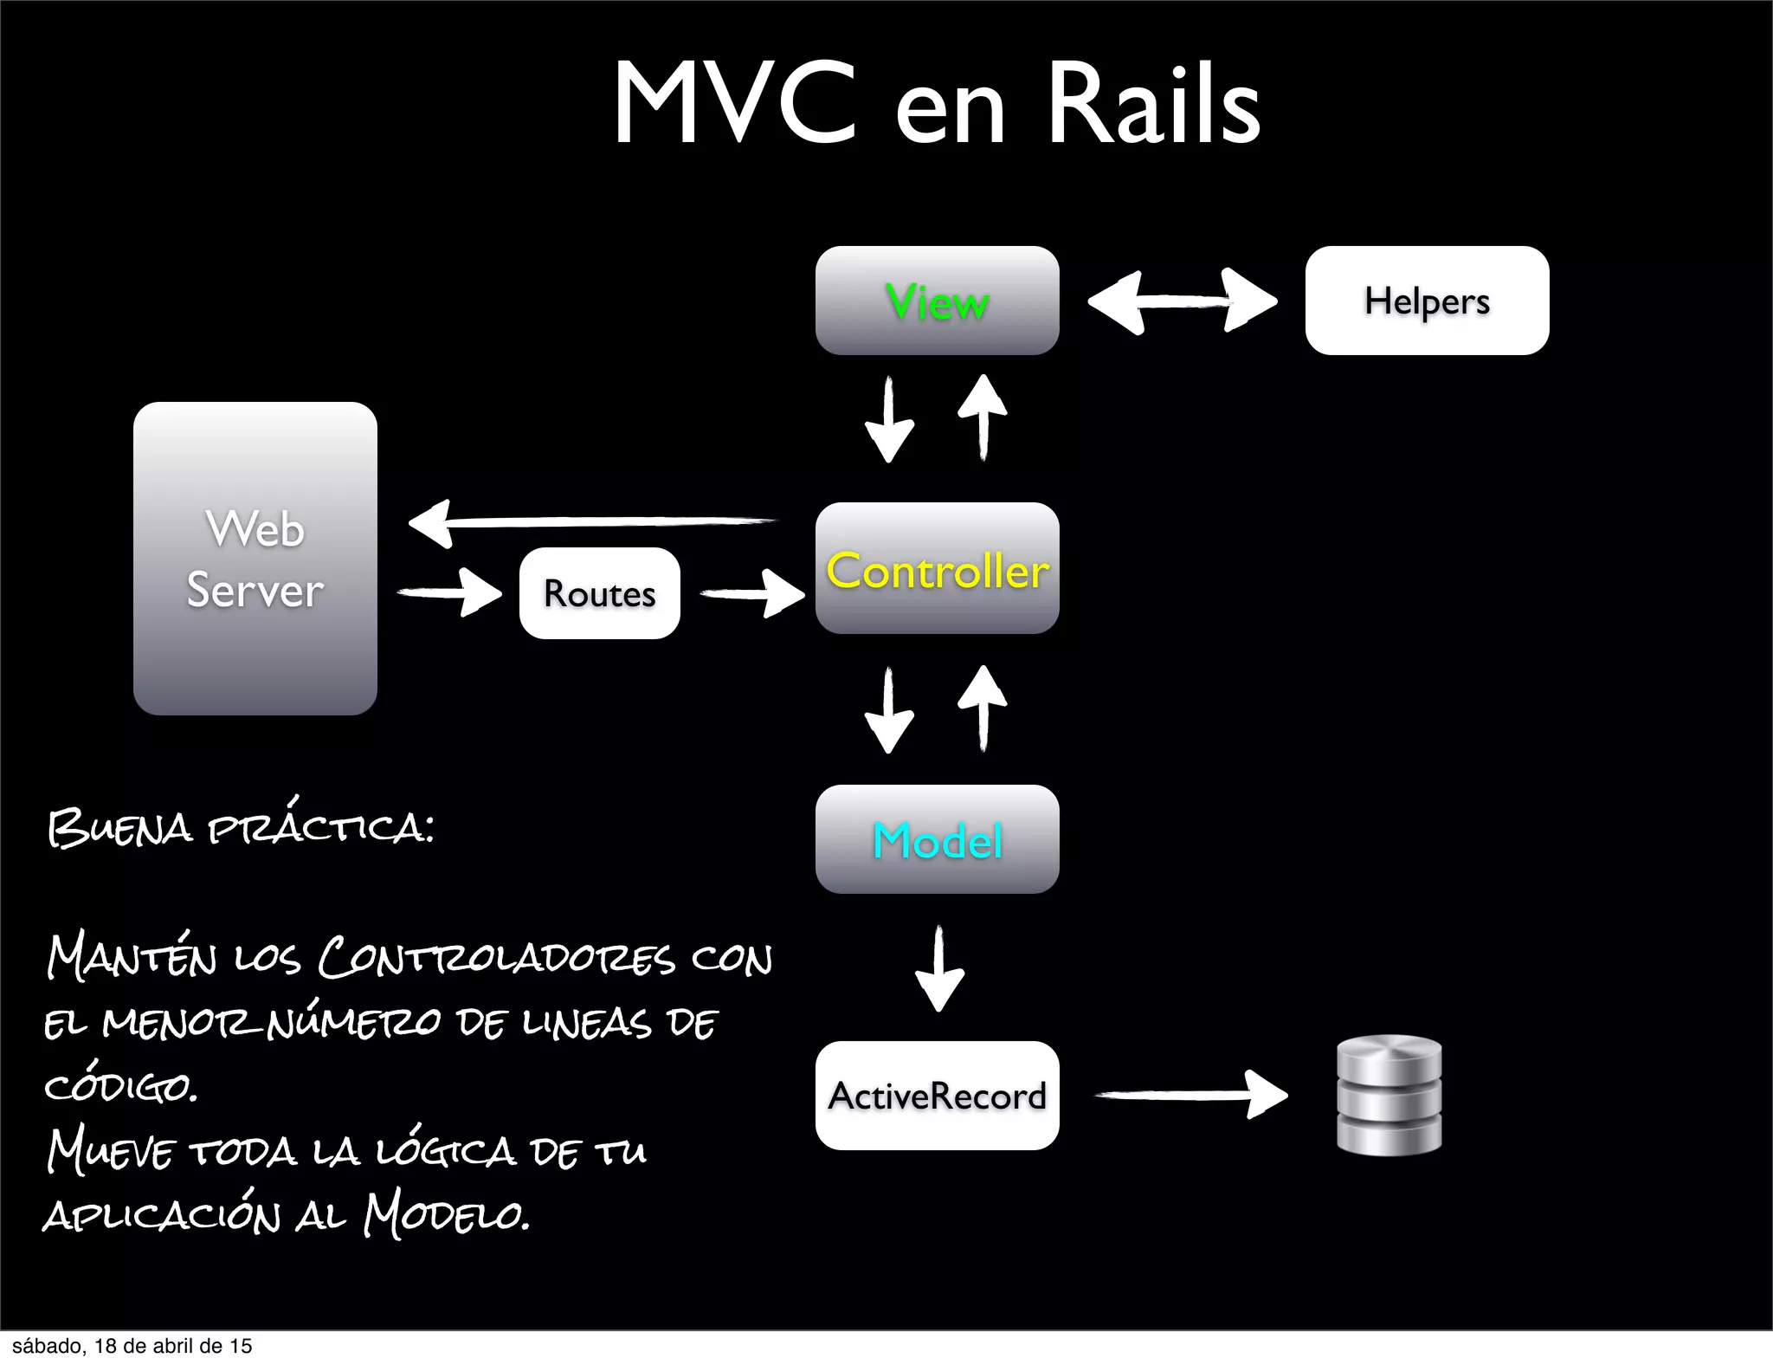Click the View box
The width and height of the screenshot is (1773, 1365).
point(937,301)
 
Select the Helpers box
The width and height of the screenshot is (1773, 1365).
point(1427,301)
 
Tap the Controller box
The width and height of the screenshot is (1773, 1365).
point(937,568)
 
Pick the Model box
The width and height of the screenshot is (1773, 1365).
point(937,839)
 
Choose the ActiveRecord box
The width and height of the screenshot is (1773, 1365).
point(937,1096)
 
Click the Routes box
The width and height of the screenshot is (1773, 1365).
point(599,593)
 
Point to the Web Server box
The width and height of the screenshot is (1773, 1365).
point(255,559)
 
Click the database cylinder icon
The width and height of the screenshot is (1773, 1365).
point(1389,1095)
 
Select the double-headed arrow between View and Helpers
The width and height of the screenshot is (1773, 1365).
point(1182,301)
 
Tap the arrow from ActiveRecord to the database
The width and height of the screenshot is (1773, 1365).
point(1191,1095)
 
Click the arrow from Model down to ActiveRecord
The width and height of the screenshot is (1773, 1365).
point(939,968)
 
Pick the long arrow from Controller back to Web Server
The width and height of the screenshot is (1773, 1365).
point(593,522)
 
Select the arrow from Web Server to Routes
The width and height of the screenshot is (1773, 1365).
point(449,593)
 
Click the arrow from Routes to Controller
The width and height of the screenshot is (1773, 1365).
point(751,593)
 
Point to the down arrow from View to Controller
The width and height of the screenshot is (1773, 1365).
point(889,419)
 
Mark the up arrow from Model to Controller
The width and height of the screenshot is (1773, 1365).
point(983,708)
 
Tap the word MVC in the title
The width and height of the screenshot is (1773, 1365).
point(734,104)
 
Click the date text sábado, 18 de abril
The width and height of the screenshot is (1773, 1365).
point(132,1346)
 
